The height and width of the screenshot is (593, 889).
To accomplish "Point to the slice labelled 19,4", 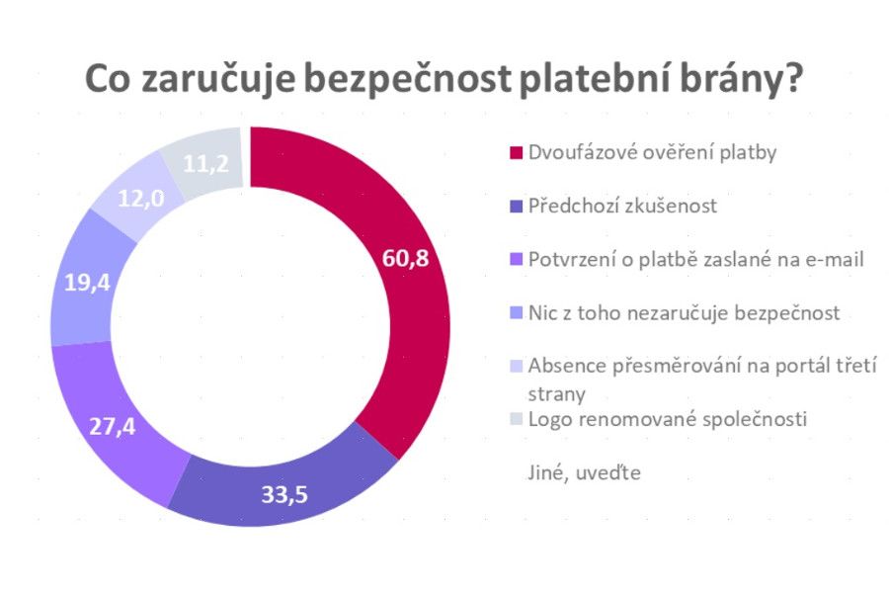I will point(84,282).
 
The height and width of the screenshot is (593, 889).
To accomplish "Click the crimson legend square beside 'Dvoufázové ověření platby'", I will point(515,154).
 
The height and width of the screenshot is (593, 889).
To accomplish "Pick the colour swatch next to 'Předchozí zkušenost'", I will point(515,208).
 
